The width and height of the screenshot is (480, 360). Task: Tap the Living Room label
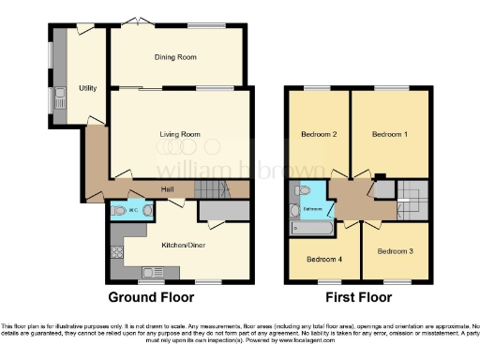click(178, 135)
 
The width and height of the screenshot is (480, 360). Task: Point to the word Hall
click(168, 190)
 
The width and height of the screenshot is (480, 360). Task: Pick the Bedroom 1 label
click(390, 135)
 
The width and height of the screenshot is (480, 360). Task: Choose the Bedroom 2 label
click(319, 135)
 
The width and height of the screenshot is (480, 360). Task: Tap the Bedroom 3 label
click(396, 251)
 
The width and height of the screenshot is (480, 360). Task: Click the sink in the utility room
click(59, 93)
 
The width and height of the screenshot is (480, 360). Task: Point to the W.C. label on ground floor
click(135, 210)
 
